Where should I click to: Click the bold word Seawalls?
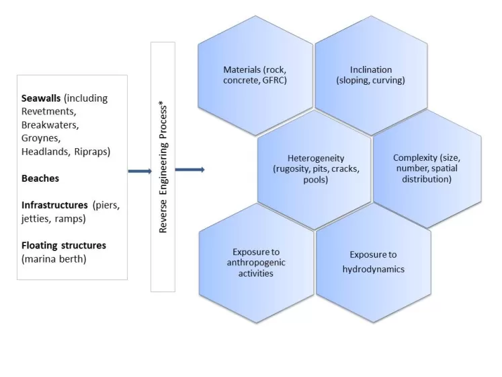click(x=42, y=98)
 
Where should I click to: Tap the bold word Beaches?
click(x=40, y=178)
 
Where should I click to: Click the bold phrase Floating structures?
click(x=64, y=245)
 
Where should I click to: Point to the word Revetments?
click(x=48, y=112)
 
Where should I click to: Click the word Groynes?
click(x=40, y=139)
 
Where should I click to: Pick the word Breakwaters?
click(x=50, y=125)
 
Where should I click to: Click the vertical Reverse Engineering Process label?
click(x=163, y=167)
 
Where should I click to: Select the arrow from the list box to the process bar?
click(x=139, y=171)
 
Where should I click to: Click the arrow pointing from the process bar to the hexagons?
click(x=190, y=170)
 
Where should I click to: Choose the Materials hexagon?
click(x=255, y=75)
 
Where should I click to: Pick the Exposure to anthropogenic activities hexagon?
click(x=257, y=263)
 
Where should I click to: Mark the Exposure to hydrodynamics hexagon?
click(x=373, y=262)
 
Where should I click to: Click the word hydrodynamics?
click(x=373, y=269)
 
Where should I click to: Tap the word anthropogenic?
click(x=257, y=263)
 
